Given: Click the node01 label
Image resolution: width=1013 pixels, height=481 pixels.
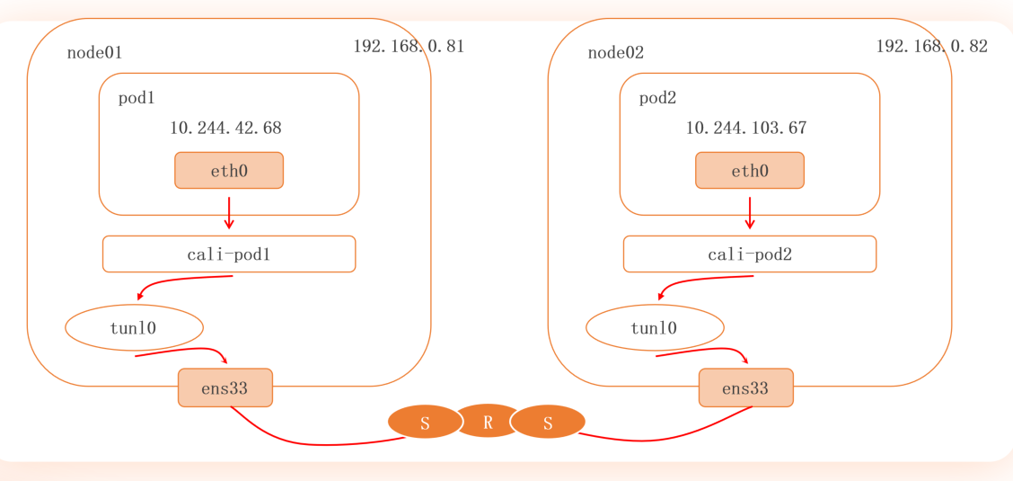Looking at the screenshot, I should [94, 53].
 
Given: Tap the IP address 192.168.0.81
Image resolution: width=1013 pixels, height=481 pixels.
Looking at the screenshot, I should [409, 47].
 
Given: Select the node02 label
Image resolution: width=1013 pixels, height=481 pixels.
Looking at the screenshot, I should [615, 53].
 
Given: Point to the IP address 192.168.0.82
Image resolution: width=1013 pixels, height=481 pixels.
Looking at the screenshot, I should [931, 47].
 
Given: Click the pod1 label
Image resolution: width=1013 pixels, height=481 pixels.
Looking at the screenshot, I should [137, 98].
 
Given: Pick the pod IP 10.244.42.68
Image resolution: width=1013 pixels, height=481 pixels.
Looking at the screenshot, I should [225, 129].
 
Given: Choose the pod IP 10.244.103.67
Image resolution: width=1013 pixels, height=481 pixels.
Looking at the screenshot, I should [746, 129].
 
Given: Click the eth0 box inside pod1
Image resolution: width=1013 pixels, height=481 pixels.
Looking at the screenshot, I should [229, 171].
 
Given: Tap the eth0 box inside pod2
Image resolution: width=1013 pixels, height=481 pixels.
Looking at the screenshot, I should [750, 171].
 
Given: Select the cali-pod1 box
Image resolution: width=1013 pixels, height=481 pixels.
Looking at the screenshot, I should [229, 254].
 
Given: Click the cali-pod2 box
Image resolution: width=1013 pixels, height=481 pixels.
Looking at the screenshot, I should [750, 254].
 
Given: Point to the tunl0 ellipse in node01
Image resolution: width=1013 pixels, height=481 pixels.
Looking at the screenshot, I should [134, 328].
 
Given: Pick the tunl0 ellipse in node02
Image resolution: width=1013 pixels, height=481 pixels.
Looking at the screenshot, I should [655, 328].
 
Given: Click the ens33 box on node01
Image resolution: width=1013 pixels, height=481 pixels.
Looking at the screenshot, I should [225, 388].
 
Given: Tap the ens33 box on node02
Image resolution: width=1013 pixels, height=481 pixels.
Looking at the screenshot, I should [745, 388].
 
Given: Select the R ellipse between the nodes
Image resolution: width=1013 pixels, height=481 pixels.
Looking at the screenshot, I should [488, 422].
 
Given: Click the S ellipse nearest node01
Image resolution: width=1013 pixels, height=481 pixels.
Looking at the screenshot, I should [425, 423].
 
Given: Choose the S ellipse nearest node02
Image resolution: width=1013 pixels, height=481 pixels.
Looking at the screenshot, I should [549, 423].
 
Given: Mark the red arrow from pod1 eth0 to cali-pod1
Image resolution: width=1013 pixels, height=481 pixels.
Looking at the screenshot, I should [229, 214].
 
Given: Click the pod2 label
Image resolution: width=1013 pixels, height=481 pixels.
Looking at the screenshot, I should [657, 98].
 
